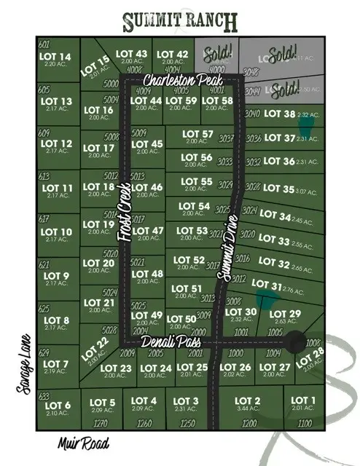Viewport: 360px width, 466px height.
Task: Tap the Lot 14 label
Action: [57, 58]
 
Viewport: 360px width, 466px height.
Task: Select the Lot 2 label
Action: [247, 401]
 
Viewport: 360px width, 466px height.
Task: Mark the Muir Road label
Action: [84, 442]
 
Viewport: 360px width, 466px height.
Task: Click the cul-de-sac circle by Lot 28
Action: [295, 341]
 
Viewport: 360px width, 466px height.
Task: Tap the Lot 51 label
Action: [187, 289]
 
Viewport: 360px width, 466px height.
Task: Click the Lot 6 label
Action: [58, 406]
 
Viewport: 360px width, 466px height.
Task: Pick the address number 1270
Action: [101, 422]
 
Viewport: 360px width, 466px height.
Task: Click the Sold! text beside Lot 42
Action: [218, 52]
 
